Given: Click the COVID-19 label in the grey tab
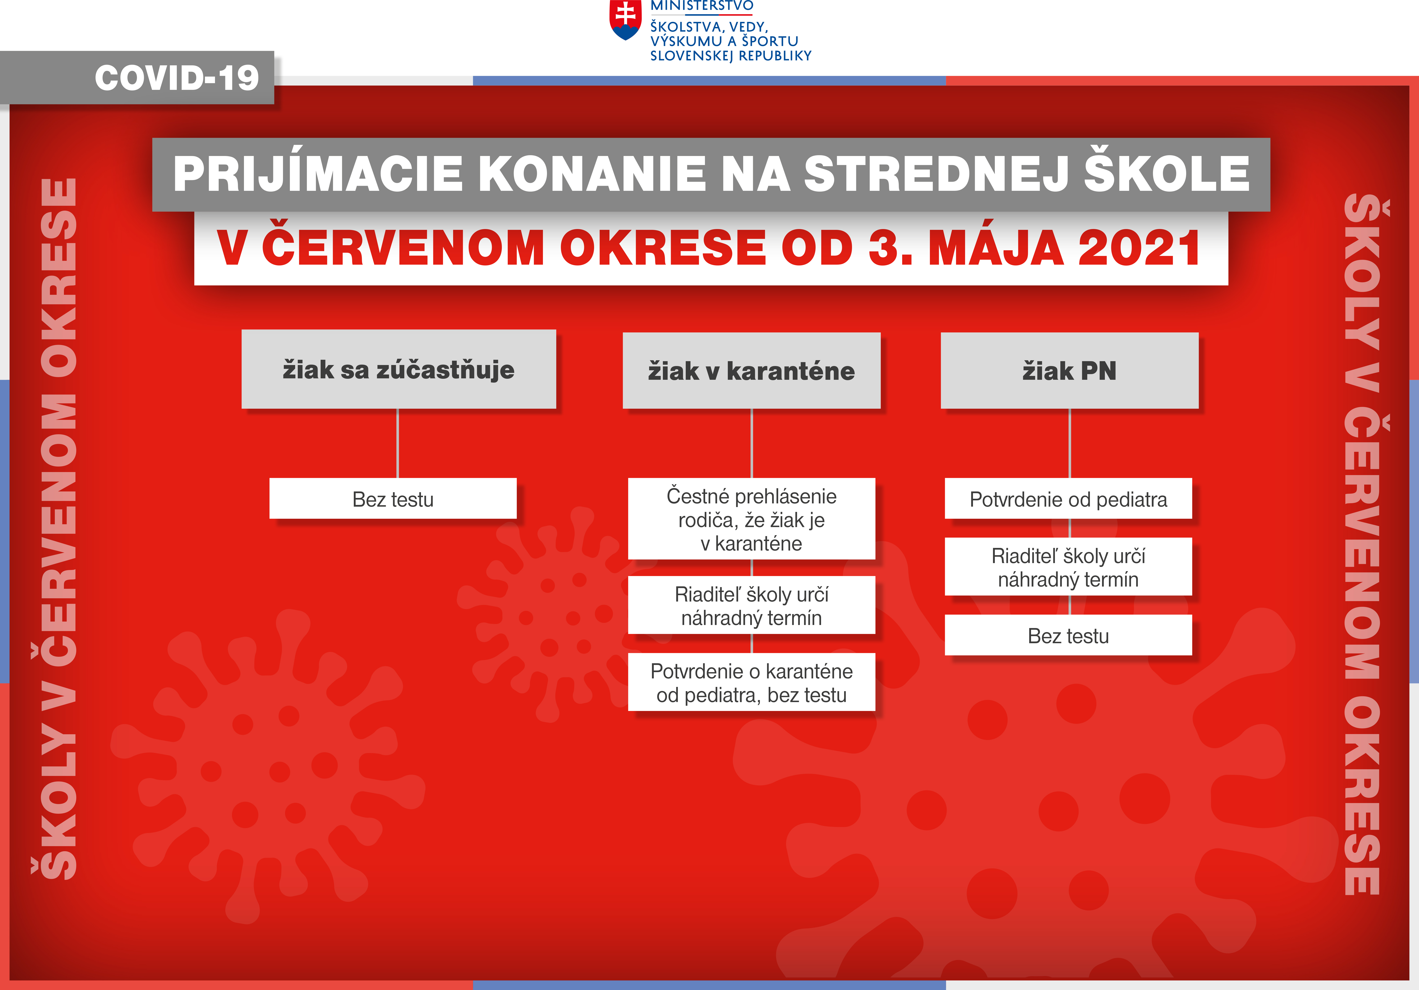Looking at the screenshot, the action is (177, 78).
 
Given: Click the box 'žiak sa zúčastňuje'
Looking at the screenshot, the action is (399, 369).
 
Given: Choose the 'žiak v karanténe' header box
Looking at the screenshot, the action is (751, 370).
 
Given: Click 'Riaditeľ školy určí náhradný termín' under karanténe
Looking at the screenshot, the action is (751, 605).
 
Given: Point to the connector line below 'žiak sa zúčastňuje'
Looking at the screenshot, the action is (398, 443).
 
